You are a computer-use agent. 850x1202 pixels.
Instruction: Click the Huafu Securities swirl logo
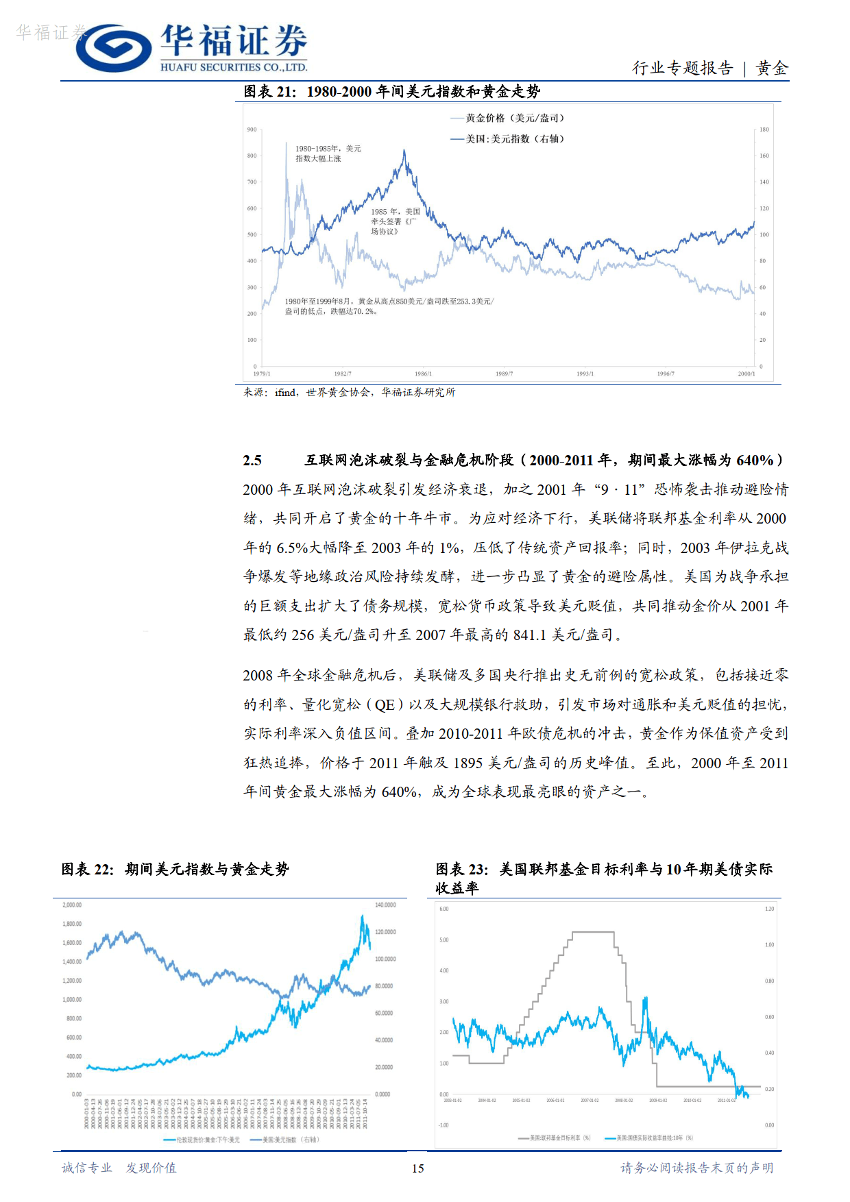point(114,48)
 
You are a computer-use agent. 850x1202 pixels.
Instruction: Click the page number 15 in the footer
point(417,1168)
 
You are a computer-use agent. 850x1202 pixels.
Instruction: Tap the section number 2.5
point(252,460)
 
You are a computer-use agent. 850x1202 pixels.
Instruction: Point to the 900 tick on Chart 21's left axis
point(252,130)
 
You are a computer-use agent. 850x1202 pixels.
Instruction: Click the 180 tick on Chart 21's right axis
point(764,130)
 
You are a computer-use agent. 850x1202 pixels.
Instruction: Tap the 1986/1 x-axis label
point(423,373)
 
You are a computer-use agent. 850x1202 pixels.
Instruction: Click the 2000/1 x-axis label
point(746,373)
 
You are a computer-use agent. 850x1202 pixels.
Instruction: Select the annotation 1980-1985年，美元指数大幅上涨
point(328,154)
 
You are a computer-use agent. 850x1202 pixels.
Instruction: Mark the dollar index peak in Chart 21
point(404,151)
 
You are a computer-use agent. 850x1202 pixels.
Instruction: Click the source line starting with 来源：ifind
point(349,392)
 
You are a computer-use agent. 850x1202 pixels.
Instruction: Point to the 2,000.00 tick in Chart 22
point(72,905)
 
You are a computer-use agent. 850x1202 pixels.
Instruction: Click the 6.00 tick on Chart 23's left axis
point(444,909)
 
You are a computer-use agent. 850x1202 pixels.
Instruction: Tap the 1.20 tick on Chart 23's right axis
point(769,909)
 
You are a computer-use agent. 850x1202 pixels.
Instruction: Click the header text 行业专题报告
point(682,68)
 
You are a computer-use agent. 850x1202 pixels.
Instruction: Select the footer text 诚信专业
point(87,1168)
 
